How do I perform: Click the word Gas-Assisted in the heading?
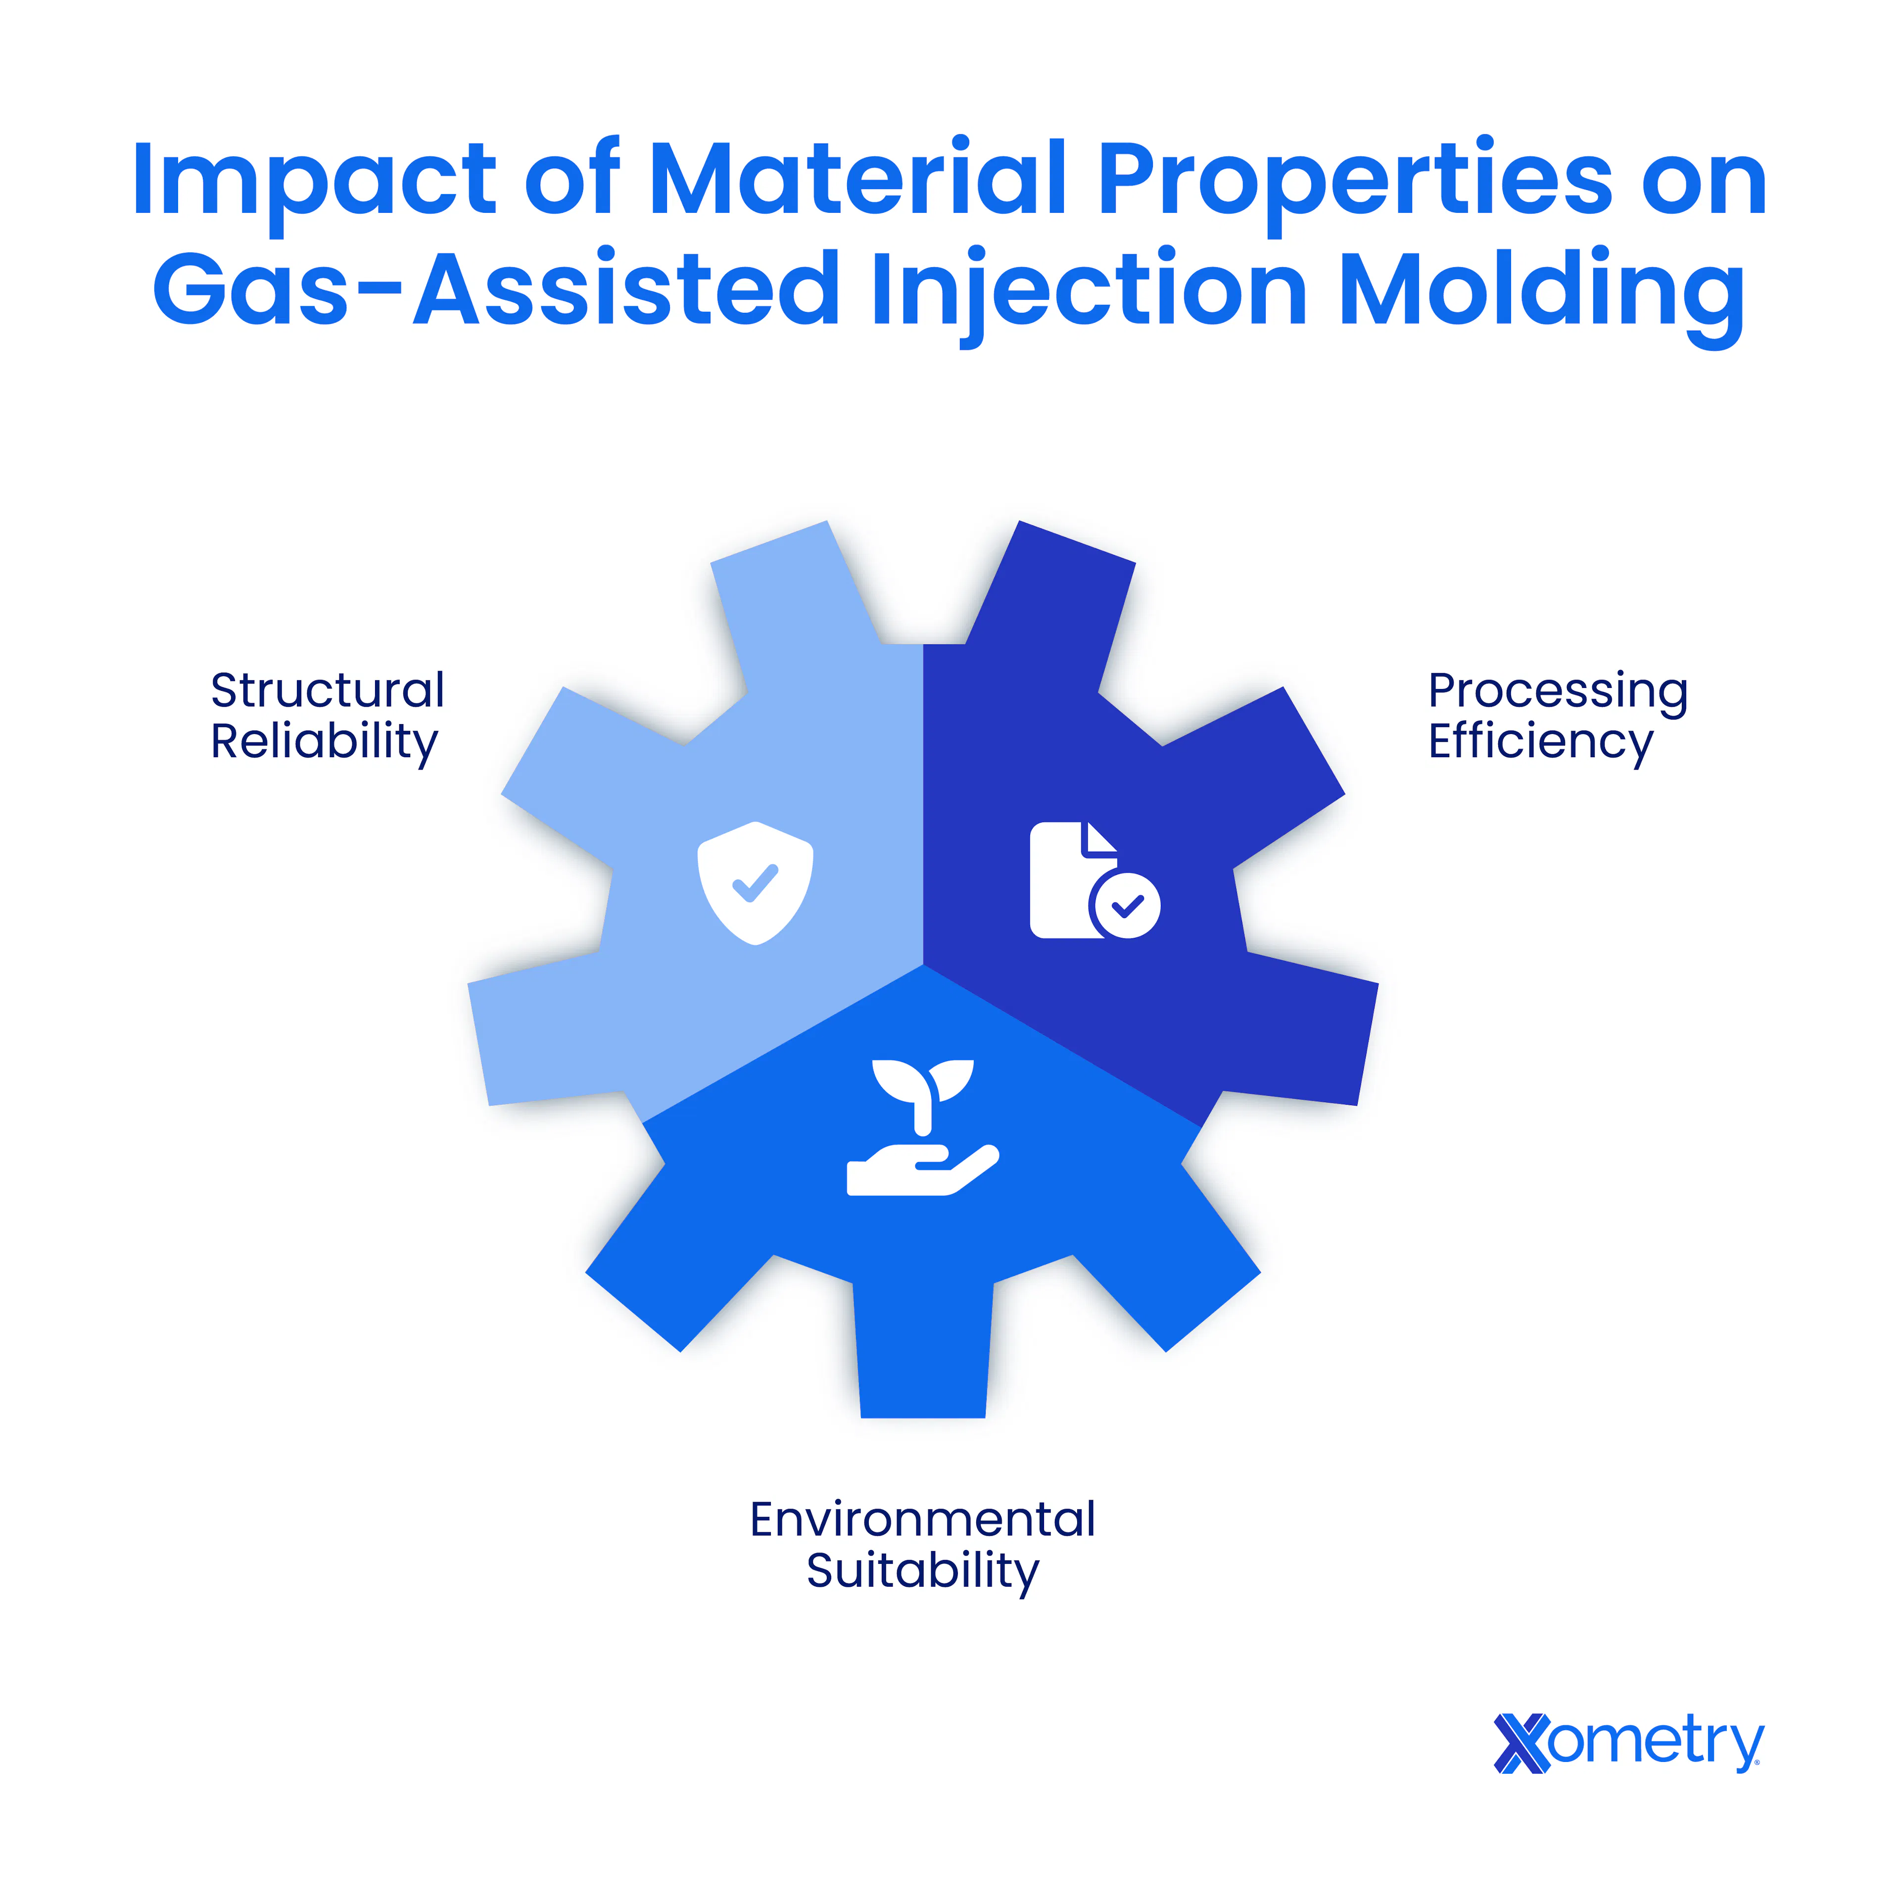(495, 289)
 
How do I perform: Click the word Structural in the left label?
(328, 691)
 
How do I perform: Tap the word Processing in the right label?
(1558, 693)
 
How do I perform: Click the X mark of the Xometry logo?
(1521, 1744)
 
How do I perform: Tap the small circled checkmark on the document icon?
(1126, 905)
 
